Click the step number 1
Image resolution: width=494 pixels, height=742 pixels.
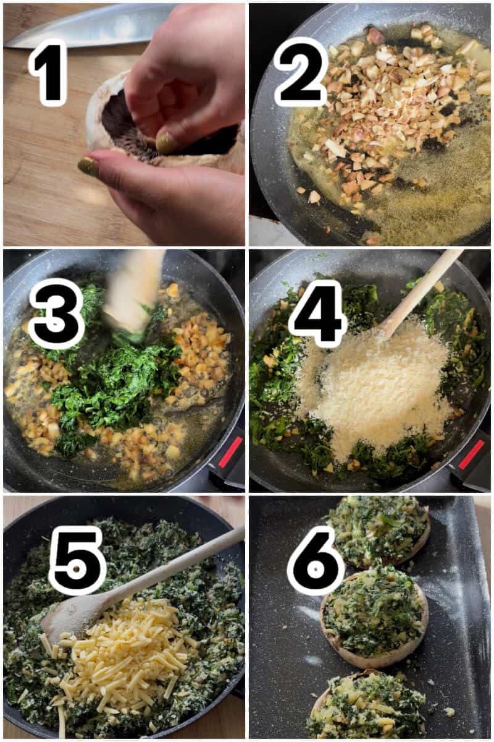[48, 72]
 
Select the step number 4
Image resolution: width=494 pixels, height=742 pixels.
[317, 313]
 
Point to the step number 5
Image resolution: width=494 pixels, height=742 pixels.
[77, 560]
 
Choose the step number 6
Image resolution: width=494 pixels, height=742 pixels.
[316, 560]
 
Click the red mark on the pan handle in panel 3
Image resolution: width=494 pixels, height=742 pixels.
[230, 452]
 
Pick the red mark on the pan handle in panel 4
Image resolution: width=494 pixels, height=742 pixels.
[471, 454]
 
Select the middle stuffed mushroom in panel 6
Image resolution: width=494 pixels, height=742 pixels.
[374, 615]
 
